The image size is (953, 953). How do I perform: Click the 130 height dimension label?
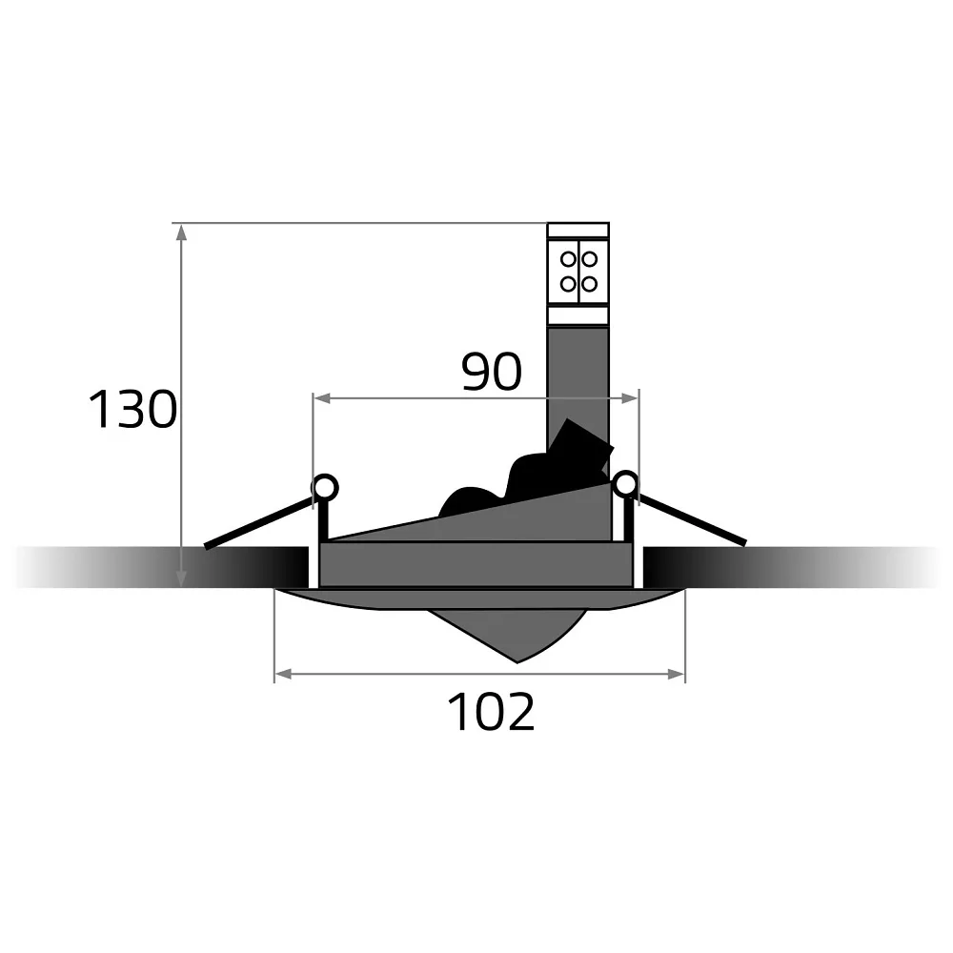pos(132,410)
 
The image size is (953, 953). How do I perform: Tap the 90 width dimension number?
pos(492,372)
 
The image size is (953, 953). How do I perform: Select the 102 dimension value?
pos(491,711)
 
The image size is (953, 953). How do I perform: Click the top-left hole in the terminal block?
pos(568,259)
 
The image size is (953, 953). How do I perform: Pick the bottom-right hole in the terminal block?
pos(589,284)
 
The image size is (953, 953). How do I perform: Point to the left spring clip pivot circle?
pos(325,487)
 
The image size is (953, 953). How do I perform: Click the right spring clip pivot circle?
pos(625,484)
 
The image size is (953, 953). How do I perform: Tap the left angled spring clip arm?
pos(259,522)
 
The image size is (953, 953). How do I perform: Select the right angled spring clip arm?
pos(692,519)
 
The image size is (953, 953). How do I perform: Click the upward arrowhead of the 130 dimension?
pos(180,233)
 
